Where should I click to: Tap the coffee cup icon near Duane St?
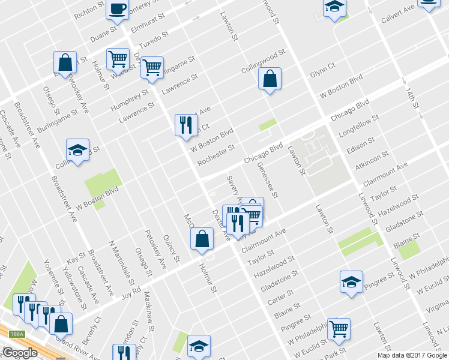coord(116,9)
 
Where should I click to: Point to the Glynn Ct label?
coord(322,69)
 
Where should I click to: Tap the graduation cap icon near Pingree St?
coord(351,281)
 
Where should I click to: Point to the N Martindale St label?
coord(121,259)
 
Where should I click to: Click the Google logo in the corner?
coord(19,353)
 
